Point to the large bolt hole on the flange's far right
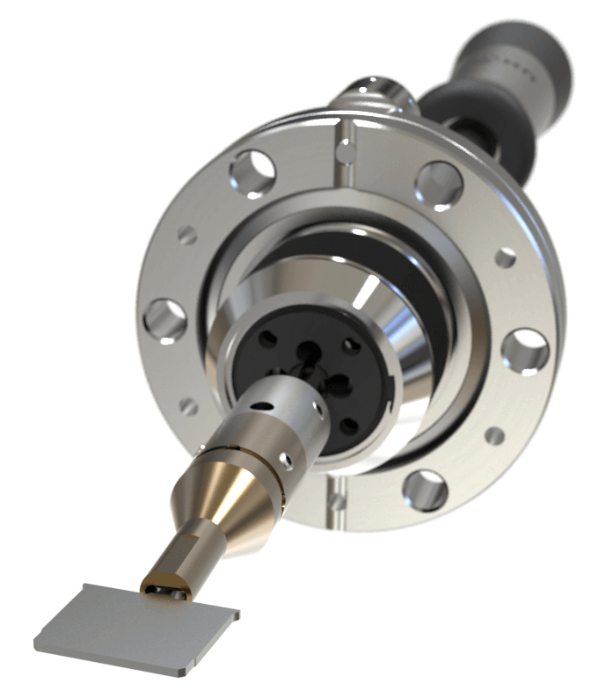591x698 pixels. click(526, 350)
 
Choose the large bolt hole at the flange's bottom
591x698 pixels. click(426, 490)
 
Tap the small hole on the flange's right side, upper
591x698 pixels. click(505, 258)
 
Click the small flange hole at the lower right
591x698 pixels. click(495, 435)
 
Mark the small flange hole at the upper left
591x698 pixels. click(186, 235)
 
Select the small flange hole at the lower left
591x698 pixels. click(188, 407)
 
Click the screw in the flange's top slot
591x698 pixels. click(349, 149)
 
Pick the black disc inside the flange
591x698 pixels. click(325, 369)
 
